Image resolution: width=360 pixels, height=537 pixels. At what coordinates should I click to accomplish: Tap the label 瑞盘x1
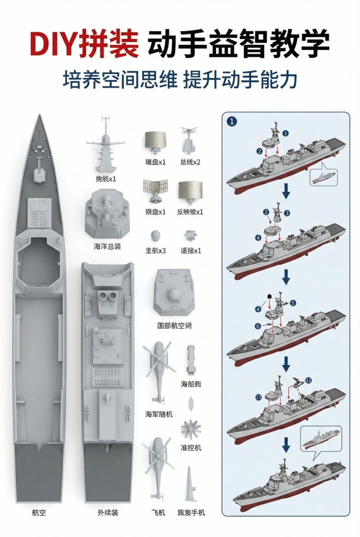(155, 162)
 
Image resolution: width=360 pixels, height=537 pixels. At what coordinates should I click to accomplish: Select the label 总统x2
(190, 162)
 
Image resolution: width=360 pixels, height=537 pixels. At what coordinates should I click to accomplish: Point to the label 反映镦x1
(190, 212)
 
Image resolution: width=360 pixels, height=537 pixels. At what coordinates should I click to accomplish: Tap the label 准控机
(190, 447)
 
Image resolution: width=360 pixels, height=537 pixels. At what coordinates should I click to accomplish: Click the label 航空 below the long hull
(38, 513)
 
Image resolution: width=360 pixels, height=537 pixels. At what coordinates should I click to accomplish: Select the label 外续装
(108, 513)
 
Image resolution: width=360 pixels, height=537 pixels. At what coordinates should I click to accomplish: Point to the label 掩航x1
(106, 178)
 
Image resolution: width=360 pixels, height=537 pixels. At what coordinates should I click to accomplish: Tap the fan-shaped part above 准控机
(190, 429)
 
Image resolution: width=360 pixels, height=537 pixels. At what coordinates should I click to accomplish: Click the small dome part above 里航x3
(155, 236)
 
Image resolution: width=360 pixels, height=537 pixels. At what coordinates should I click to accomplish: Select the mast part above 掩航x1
(106, 145)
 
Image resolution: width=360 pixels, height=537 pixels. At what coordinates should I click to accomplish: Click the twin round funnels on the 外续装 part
(107, 298)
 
